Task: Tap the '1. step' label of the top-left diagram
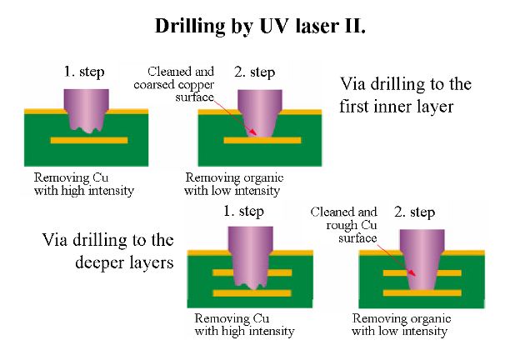pos(84,72)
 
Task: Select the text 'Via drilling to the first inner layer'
pos(405,96)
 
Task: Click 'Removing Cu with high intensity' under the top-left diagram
pos(83,184)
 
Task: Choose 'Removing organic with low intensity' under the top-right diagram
pos(234,184)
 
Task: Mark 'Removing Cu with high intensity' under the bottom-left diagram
pos(243,324)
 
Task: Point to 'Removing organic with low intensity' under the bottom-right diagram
pos(400,324)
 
